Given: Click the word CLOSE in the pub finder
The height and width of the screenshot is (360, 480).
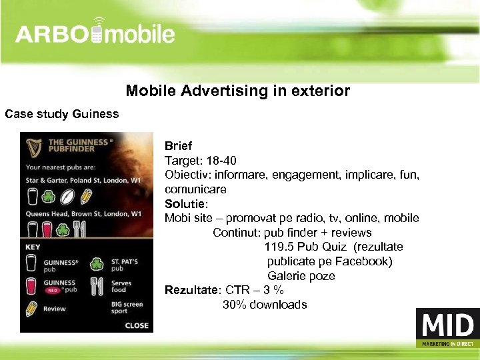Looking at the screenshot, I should pos(137,325).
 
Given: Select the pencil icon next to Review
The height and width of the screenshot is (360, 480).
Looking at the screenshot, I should pos(31,308).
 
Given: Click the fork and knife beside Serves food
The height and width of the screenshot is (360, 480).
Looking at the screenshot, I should pos(97,286).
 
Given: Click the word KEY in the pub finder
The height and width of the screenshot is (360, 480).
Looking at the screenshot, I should pos(33,247).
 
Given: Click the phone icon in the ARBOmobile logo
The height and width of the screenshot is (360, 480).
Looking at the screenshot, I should pos(98,33).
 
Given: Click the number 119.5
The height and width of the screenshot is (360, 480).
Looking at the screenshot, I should pos(279,247).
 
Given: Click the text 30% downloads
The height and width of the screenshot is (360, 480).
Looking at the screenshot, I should pos(265,305).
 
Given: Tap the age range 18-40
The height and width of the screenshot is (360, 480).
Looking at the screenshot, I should pos(220,160).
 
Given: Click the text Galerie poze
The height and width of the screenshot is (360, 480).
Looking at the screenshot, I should pos(301,276).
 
